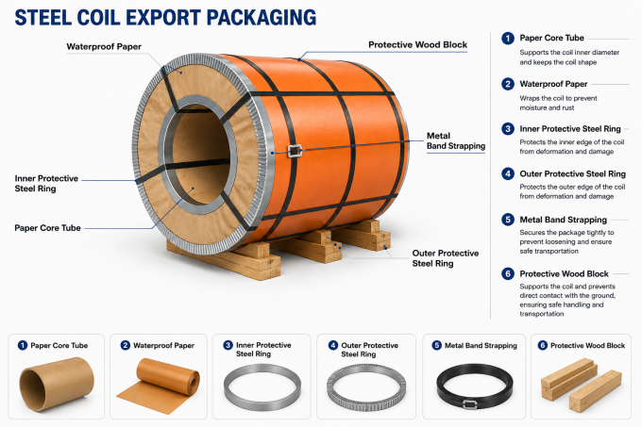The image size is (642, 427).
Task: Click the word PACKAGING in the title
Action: tap(262, 18)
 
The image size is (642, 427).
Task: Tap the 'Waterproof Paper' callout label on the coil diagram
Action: tap(104, 46)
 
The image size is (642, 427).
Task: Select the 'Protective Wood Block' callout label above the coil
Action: tap(417, 44)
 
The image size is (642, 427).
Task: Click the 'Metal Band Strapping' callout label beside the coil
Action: tap(456, 140)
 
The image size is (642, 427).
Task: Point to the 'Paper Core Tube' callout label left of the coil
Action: tap(47, 227)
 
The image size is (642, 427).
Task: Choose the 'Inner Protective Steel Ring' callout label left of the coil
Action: tap(46, 184)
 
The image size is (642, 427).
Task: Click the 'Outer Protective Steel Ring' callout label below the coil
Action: tap(445, 258)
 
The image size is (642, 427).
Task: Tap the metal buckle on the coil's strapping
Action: tap(295, 151)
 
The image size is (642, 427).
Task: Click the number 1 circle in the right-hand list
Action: tap(508, 39)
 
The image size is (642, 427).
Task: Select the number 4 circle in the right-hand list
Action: tap(508, 173)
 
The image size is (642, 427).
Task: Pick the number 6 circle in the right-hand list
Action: tap(508, 273)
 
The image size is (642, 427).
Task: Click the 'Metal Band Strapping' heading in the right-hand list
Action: tap(563, 220)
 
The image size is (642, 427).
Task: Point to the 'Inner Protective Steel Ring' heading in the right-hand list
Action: tap(570, 129)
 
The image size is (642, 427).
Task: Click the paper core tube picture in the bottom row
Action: tap(57, 384)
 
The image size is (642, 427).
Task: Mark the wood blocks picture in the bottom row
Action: tap(581, 385)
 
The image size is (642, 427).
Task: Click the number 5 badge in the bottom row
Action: tap(437, 345)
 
